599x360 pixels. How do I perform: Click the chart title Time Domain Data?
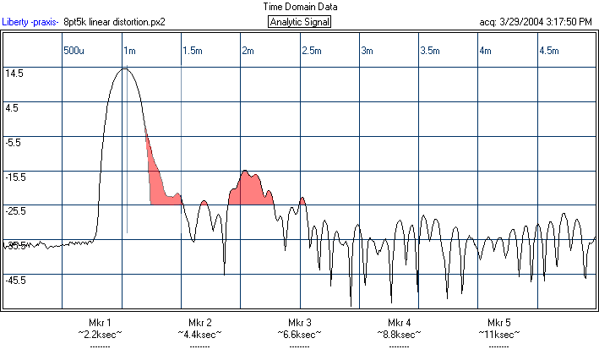click(299, 6)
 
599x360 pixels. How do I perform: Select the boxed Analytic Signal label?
click(300, 22)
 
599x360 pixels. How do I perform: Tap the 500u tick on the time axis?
click(74, 51)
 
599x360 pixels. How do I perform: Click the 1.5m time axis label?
click(193, 51)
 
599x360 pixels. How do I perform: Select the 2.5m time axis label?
click(312, 51)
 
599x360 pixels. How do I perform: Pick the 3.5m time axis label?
click(431, 51)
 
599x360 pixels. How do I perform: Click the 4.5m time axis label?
click(549, 51)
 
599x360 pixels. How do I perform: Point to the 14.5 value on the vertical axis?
click(14, 74)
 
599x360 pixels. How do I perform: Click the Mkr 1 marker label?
click(100, 323)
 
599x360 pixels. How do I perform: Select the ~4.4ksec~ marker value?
click(199, 334)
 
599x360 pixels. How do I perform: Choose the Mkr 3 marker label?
click(299, 323)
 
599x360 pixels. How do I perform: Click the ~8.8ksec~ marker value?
click(399, 334)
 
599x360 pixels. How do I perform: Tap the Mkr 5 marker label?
click(498, 323)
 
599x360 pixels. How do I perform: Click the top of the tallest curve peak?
click(124, 69)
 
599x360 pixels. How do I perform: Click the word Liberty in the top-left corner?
click(17, 22)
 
